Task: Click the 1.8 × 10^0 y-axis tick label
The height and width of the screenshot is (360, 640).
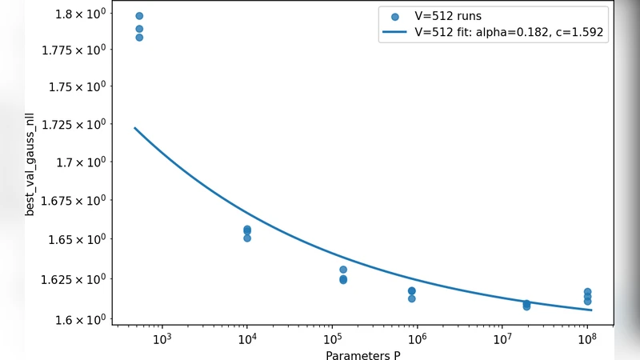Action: [x=81, y=14]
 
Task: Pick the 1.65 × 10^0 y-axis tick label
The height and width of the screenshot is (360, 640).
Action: [x=78, y=239]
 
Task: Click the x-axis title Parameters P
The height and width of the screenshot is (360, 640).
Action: [x=363, y=354]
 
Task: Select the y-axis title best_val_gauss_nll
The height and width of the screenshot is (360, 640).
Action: [x=30, y=165]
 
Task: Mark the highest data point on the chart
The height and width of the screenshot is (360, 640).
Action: [x=139, y=16]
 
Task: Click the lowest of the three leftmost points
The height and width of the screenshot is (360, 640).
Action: [x=139, y=38]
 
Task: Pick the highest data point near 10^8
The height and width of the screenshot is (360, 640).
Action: [x=587, y=292]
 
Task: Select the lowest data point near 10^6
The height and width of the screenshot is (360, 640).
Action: [x=411, y=298]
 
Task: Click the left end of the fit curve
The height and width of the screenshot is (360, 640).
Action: [x=134, y=128]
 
